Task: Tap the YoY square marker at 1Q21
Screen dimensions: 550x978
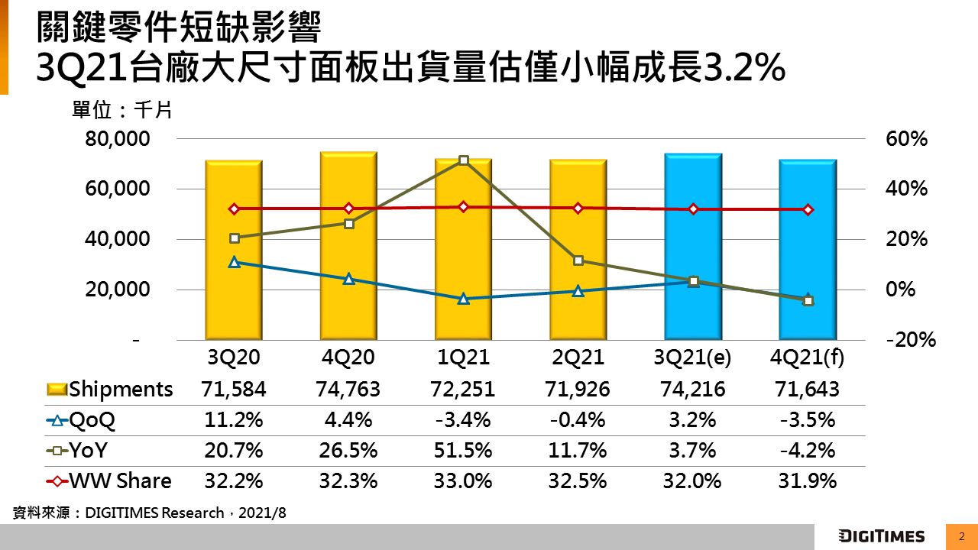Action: [x=464, y=160]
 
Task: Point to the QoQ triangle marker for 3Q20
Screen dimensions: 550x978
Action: [x=235, y=262]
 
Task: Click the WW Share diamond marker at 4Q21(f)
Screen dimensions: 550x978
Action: [x=808, y=210]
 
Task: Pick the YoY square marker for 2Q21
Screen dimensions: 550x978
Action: [x=578, y=260]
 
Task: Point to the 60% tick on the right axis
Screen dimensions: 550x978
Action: [x=907, y=140]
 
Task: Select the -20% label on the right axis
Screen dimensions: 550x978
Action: [x=911, y=340]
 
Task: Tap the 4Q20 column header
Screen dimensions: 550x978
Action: [x=349, y=357]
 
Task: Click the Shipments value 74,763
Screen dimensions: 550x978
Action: [x=349, y=390]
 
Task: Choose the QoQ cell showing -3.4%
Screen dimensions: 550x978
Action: [x=464, y=420]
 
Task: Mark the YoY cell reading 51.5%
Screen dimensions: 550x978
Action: [x=464, y=451]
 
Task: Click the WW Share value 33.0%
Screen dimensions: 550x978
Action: [x=464, y=481]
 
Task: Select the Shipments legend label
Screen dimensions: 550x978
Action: [x=121, y=390]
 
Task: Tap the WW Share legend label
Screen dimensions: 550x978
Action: [x=121, y=481]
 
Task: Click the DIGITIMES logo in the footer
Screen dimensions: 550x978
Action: [x=881, y=536]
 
